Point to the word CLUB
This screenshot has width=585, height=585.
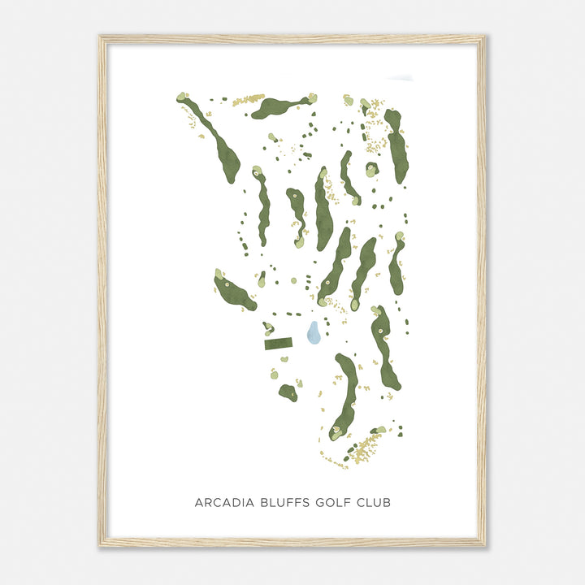pos(375,503)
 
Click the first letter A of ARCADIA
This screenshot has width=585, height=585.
pos(198,503)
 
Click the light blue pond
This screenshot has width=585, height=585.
pos(314,333)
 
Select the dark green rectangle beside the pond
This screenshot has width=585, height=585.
pos(278,344)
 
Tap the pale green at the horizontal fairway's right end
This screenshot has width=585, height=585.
pos(312,98)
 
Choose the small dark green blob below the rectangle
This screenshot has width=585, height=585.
pos(288,392)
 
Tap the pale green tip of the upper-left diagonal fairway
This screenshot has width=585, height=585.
pos(182,97)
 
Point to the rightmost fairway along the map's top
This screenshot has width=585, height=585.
pos(397,146)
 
